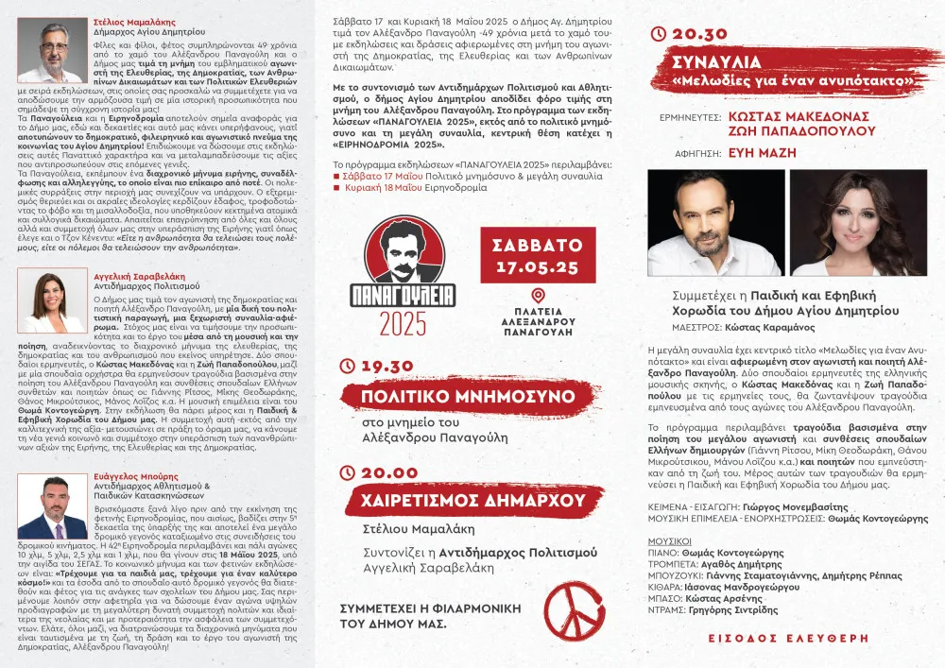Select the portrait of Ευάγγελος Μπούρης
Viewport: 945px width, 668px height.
[x=50, y=507]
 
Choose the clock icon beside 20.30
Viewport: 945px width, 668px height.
[x=661, y=33]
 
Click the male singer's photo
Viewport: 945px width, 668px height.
[x=715, y=223]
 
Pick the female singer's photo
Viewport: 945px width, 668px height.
[x=857, y=223]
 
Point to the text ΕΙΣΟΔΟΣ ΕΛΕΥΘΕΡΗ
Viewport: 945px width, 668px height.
[x=782, y=638]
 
